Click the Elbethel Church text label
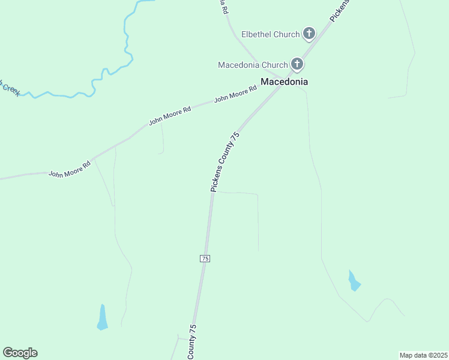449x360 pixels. pyautogui.click(x=270, y=34)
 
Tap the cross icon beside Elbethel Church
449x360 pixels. pyautogui.click(x=309, y=33)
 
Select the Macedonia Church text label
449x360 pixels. pyautogui.click(x=253, y=64)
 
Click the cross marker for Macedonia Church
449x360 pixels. pyautogui.click(x=297, y=64)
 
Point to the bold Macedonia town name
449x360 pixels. pyautogui.click(x=284, y=82)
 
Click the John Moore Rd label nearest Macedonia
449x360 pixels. pyautogui.click(x=235, y=93)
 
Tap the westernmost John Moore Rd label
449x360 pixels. pyautogui.click(x=69, y=170)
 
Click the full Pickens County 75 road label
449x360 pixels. pyautogui.click(x=226, y=162)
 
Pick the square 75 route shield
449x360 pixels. pyautogui.click(x=205, y=258)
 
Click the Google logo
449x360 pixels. pyautogui.click(x=20, y=353)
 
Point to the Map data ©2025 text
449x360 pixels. pyautogui.click(x=423, y=355)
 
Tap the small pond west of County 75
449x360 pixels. pyautogui.click(x=103, y=317)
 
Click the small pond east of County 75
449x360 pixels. pyautogui.click(x=354, y=281)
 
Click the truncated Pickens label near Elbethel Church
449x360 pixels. pyautogui.click(x=340, y=11)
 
